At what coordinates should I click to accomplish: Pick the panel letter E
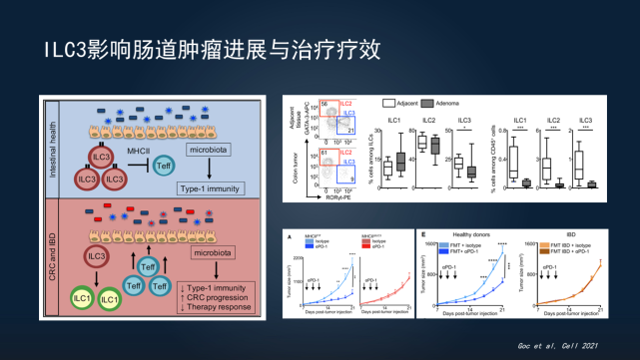424,236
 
